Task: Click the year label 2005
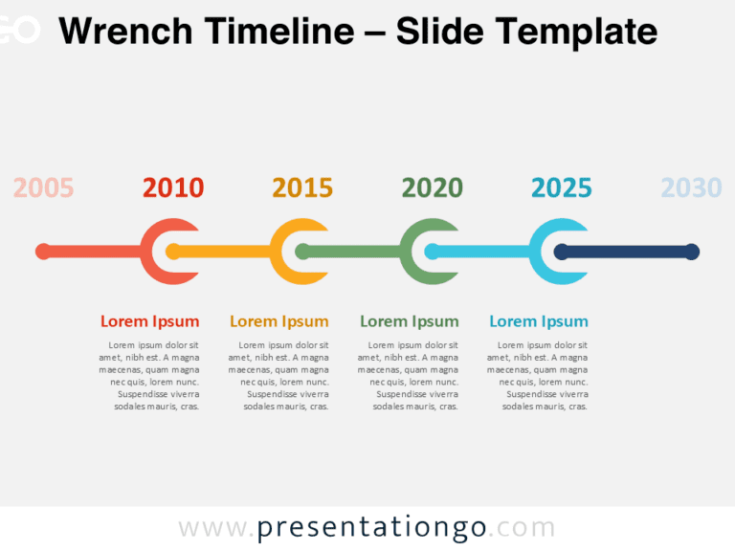pos(44,187)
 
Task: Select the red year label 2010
pos(173,187)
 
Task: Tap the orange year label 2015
pos(302,187)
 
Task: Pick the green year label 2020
pos(433,187)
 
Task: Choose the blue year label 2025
pos(562,187)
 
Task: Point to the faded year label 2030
pos(691,187)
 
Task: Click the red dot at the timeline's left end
pos(43,252)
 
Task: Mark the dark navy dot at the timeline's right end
pos(692,252)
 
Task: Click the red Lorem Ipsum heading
pos(150,321)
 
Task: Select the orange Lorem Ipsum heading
pos(279,321)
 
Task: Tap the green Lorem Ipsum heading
pos(410,321)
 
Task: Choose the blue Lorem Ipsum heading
pos(539,321)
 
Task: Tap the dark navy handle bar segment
pos(627,252)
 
